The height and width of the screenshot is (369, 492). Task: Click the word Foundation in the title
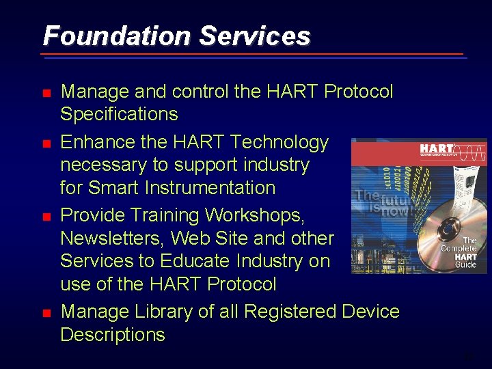pyautogui.click(x=117, y=36)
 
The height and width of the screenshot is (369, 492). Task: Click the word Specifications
pyautogui.click(x=119, y=114)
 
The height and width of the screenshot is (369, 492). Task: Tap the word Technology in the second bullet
pyautogui.click(x=279, y=142)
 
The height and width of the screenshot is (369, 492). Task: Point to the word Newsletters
pyautogui.click(x=111, y=238)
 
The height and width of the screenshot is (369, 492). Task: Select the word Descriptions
pyautogui.click(x=113, y=335)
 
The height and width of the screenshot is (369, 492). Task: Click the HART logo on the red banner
pyautogui.click(x=437, y=150)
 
